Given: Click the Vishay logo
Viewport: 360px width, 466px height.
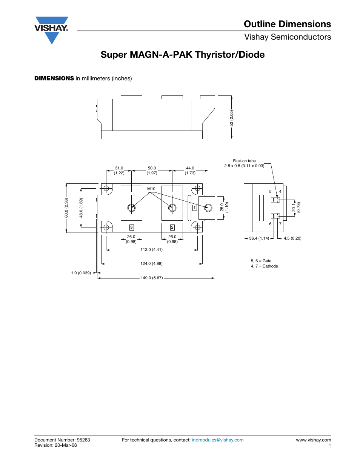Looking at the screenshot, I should coord(51,29).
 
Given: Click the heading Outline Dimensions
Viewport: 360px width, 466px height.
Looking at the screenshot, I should coord(287,24).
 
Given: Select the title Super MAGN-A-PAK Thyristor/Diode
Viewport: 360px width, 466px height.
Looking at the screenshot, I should coord(182,55).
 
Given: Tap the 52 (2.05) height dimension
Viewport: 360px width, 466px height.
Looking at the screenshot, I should coord(232,118).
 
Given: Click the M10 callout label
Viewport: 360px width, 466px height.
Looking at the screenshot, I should coord(151,189).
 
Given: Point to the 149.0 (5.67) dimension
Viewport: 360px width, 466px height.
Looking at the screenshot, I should coord(152,278).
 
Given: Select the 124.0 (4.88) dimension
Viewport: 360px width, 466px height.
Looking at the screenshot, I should coord(151,264).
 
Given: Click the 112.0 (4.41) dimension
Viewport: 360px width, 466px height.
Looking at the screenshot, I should coord(151,250).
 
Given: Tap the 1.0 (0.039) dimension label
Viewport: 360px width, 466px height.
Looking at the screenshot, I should coord(81,273).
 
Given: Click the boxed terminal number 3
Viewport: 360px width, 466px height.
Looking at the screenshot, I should coord(131,228).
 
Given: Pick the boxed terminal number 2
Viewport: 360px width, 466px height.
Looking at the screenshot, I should coord(172,228).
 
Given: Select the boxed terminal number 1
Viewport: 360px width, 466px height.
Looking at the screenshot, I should coord(194,208).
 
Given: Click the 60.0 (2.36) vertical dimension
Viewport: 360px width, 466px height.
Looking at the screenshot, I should coord(66,208).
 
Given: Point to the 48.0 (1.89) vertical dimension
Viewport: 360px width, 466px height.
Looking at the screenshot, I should coord(81,208).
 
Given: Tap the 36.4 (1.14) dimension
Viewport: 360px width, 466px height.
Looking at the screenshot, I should coord(259,238).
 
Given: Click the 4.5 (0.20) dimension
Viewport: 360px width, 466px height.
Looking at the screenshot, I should coord(292,238).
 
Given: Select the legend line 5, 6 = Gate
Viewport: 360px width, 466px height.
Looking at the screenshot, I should coord(261,261).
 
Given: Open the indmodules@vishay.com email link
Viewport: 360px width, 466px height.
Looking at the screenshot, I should coord(218,440).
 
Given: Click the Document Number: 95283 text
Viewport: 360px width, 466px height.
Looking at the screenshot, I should coord(62,440).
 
